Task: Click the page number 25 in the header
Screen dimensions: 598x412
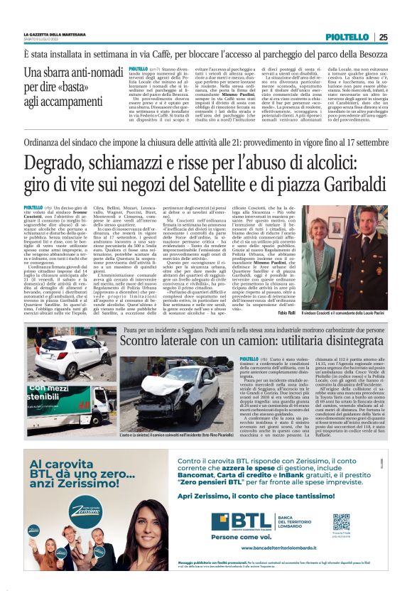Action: pos(382,37)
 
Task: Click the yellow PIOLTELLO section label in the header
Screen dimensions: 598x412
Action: pos(347,37)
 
